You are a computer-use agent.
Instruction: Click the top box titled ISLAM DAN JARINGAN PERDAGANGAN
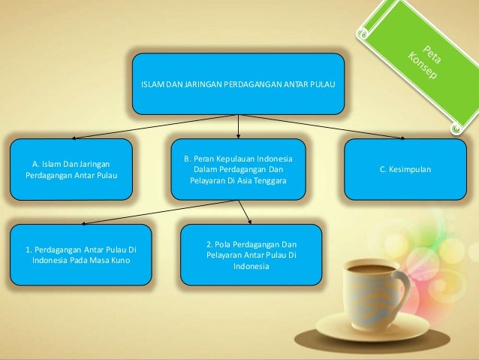(239, 83)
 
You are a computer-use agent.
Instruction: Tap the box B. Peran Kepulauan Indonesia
(238, 169)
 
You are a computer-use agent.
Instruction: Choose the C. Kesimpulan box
(405, 170)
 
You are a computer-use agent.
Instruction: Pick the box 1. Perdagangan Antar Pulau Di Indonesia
(82, 254)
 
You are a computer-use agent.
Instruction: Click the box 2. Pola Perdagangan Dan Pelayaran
(251, 255)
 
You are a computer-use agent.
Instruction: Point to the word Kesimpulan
(411, 170)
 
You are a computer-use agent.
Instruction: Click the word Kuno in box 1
(121, 260)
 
